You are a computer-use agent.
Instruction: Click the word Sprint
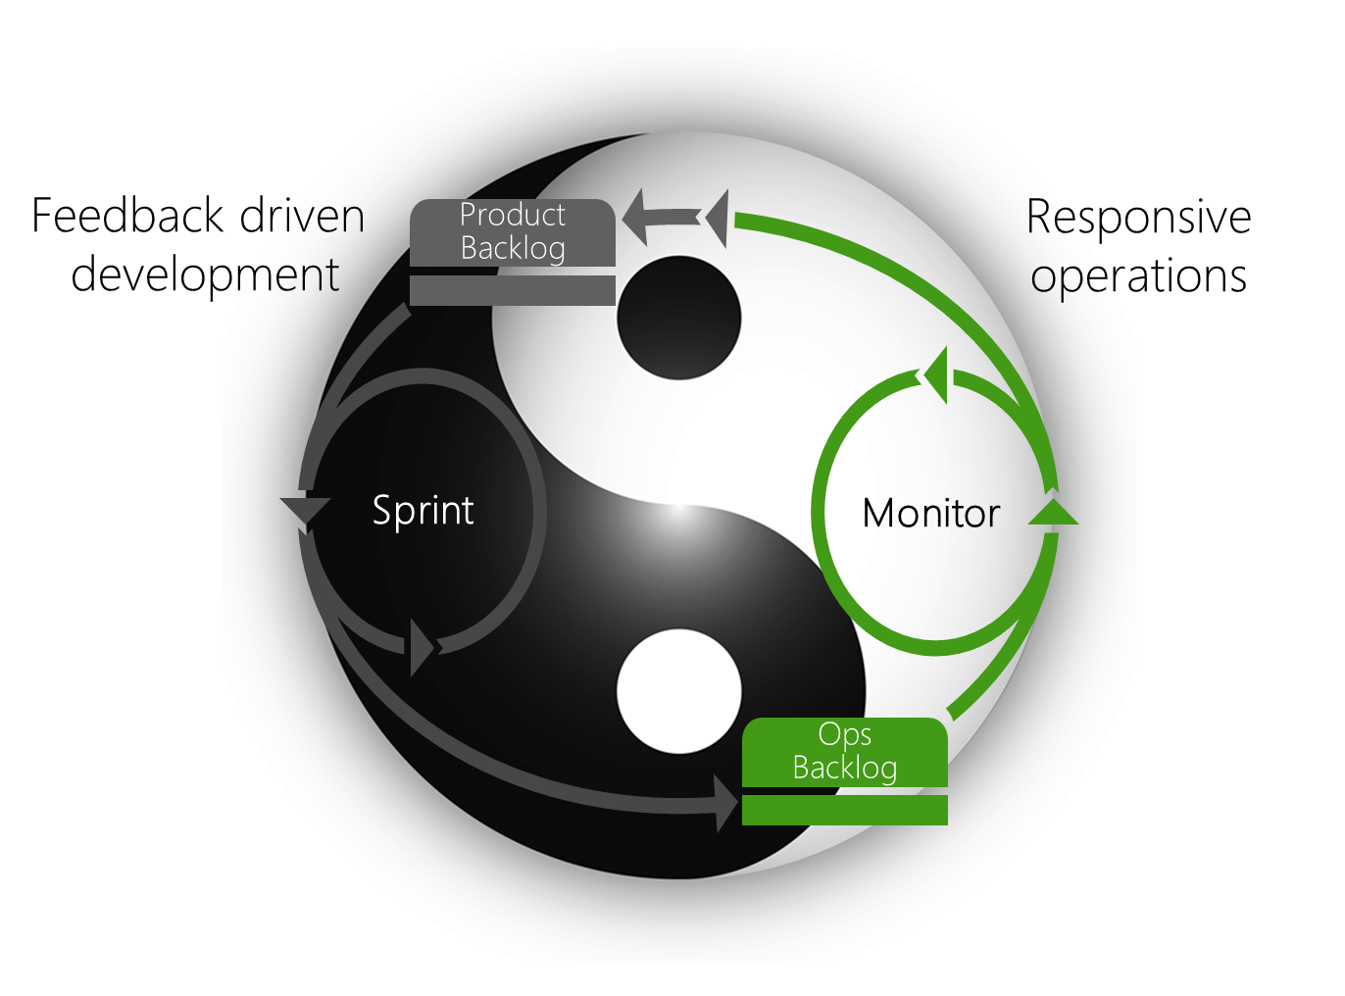pyautogui.click(x=423, y=511)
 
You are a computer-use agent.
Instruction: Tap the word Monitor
pyautogui.click(x=930, y=514)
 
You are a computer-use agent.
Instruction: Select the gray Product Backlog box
pyautogui.click(x=512, y=232)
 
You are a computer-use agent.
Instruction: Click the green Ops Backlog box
pyautogui.click(x=844, y=752)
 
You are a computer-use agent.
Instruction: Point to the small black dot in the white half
pyautogui.click(x=678, y=318)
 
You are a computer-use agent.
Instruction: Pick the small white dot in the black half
pyautogui.click(x=678, y=691)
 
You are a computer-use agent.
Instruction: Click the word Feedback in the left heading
pyautogui.click(x=128, y=216)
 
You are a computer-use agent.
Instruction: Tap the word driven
pyautogui.click(x=302, y=216)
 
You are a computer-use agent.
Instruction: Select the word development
pyautogui.click(x=205, y=274)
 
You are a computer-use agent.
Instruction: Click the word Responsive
pyautogui.click(x=1138, y=218)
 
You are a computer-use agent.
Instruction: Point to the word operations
pyautogui.click(x=1138, y=276)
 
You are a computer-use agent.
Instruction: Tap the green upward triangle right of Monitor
pyautogui.click(x=1053, y=512)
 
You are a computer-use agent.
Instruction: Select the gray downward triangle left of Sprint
pyautogui.click(x=305, y=512)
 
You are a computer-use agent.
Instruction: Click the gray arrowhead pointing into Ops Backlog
pyautogui.click(x=726, y=803)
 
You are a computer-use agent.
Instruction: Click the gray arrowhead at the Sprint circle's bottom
pyautogui.click(x=422, y=647)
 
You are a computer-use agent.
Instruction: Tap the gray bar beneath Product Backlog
pyautogui.click(x=512, y=290)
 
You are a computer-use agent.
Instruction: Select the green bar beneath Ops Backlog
pyautogui.click(x=844, y=810)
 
